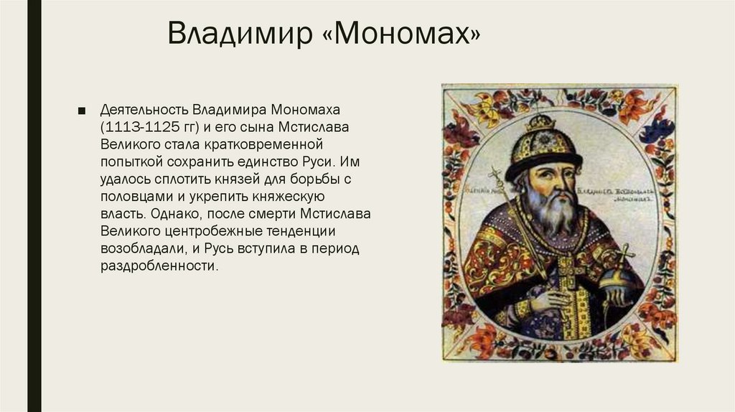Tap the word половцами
point(135,196)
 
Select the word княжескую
point(291,196)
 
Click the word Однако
point(176,214)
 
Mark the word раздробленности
point(157,266)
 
